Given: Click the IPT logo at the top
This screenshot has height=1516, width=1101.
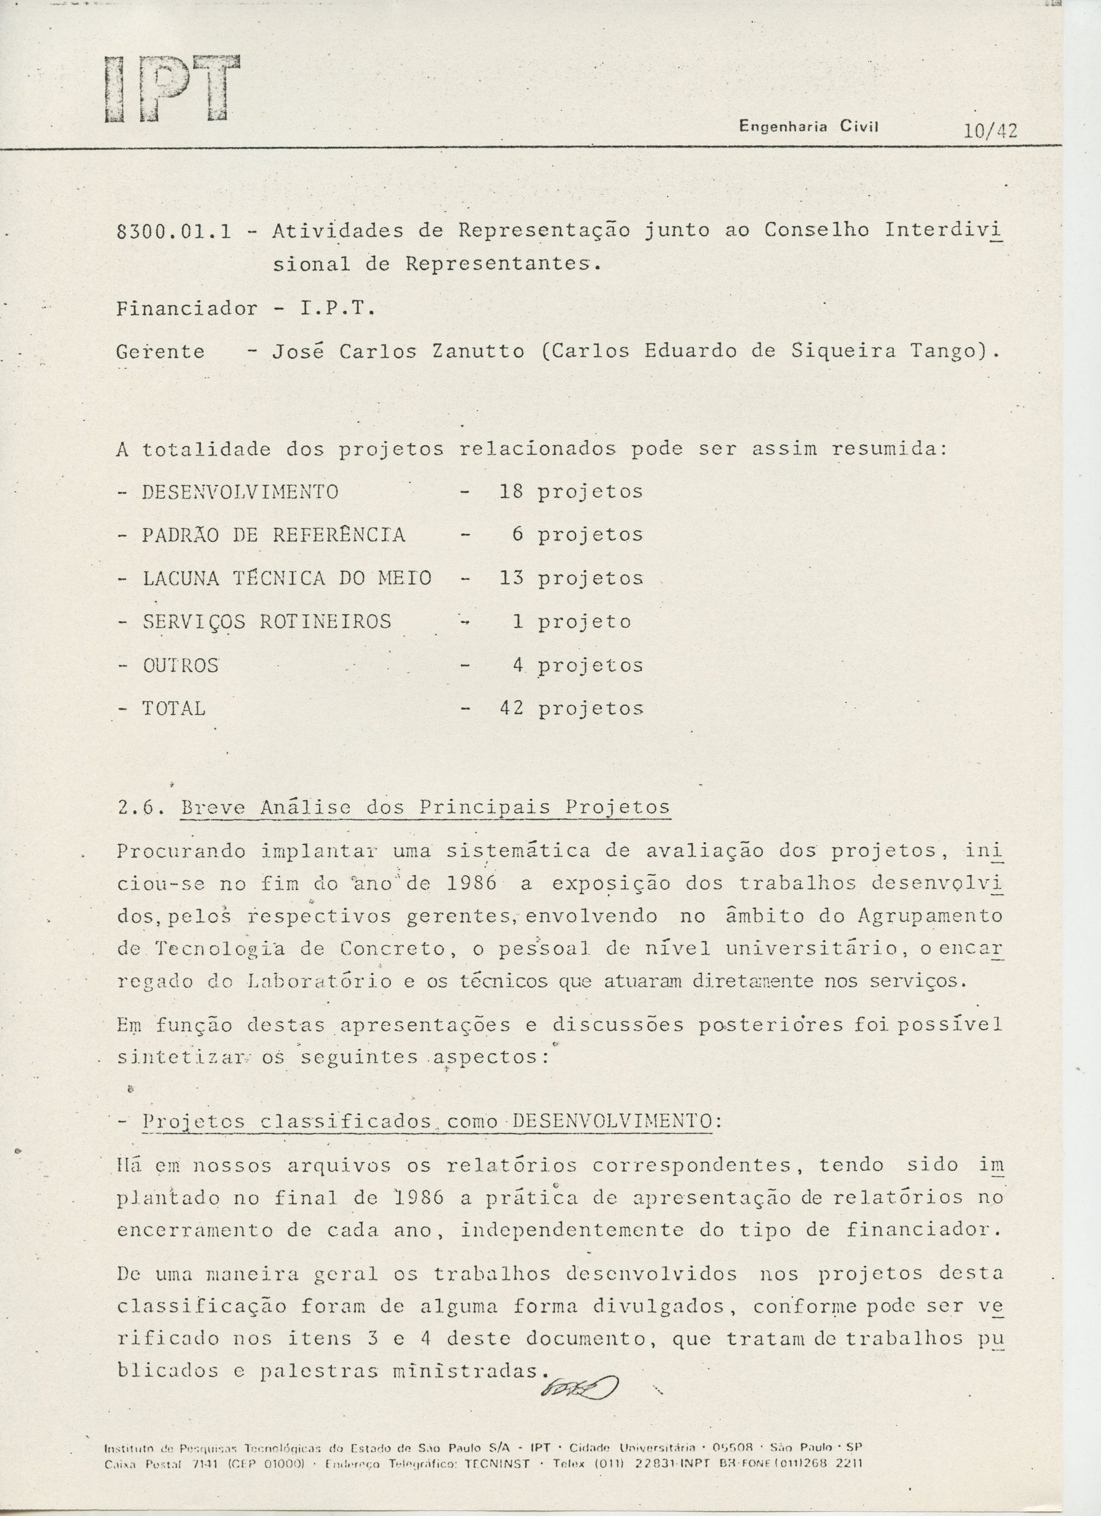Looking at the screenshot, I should (x=172, y=89).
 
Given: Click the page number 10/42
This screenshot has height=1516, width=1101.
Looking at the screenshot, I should (x=990, y=131).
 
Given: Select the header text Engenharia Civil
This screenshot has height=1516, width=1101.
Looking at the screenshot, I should (x=808, y=126).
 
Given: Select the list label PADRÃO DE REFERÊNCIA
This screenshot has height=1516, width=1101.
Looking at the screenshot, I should (x=273, y=535).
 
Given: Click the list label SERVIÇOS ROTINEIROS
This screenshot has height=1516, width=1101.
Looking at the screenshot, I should (x=266, y=622).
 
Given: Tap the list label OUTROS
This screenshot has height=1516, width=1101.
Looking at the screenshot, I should (x=181, y=666).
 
